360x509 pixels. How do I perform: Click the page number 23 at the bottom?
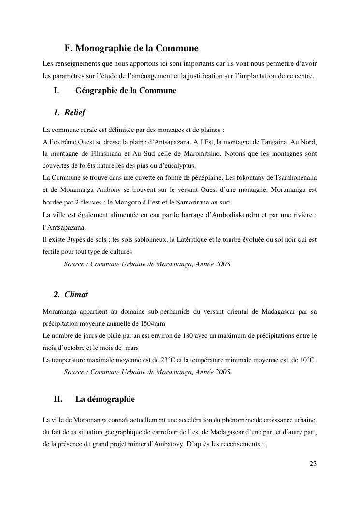[x=313, y=464]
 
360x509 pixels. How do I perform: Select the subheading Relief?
[x=74, y=113]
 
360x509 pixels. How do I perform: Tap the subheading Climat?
[x=76, y=294]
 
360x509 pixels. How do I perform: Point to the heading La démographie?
[x=105, y=399]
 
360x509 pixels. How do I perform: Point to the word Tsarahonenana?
[x=294, y=178]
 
